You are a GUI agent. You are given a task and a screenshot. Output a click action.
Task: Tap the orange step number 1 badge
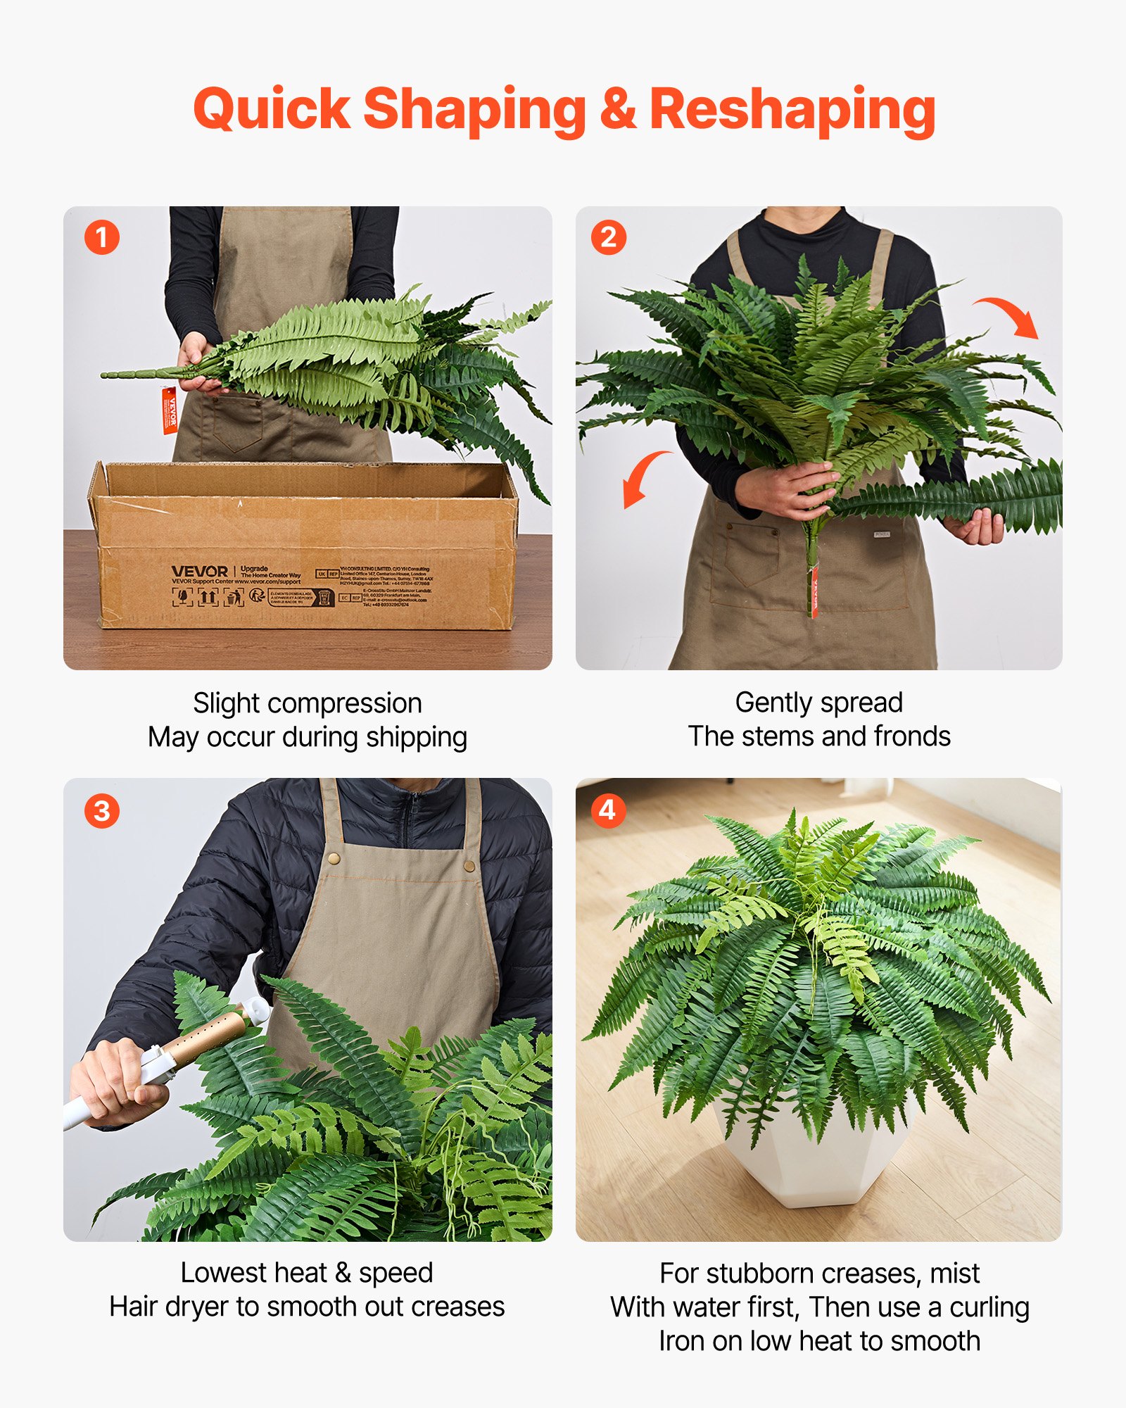[x=102, y=238]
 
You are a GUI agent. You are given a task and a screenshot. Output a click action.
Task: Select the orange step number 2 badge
[x=609, y=238]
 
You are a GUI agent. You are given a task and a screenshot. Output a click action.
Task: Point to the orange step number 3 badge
[x=102, y=811]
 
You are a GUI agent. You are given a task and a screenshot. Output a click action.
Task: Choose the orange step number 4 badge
[x=608, y=810]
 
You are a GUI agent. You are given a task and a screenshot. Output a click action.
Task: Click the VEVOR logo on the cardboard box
[x=200, y=572]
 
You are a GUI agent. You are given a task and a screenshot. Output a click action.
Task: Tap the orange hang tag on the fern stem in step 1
[x=170, y=410]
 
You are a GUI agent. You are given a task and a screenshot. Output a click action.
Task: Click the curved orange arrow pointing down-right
[x=1010, y=315]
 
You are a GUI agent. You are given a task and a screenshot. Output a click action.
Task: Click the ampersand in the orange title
[x=618, y=111]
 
